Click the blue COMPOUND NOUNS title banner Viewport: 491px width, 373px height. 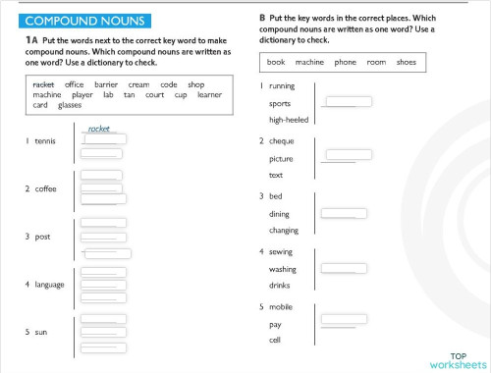(x=84, y=21)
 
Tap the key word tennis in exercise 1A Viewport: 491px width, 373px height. (x=45, y=141)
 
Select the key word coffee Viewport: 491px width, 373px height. (x=45, y=188)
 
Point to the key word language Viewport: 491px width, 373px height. (x=49, y=285)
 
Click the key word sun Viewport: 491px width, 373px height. (x=40, y=333)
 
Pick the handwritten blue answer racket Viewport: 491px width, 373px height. (x=98, y=129)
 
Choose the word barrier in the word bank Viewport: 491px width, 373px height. (x=106, y=84)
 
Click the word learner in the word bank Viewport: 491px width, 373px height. (x=209, y=95)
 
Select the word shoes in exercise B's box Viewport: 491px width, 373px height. (x=407, y=62)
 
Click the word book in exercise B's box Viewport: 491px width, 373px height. (x=276, y=62)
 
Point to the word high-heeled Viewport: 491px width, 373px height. (x=288, y=120)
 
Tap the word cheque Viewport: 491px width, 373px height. (x=282, y=141)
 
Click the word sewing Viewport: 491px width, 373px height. (x=282, y=252)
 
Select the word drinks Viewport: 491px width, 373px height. (x=281, y=285)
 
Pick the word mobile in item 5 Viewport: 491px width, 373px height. (x=282, y=307)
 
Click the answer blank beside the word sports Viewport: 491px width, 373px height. (x=348, y=101)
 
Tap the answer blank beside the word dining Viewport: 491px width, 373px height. (x=344, y=213)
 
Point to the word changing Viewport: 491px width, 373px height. (x=284, y=230)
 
